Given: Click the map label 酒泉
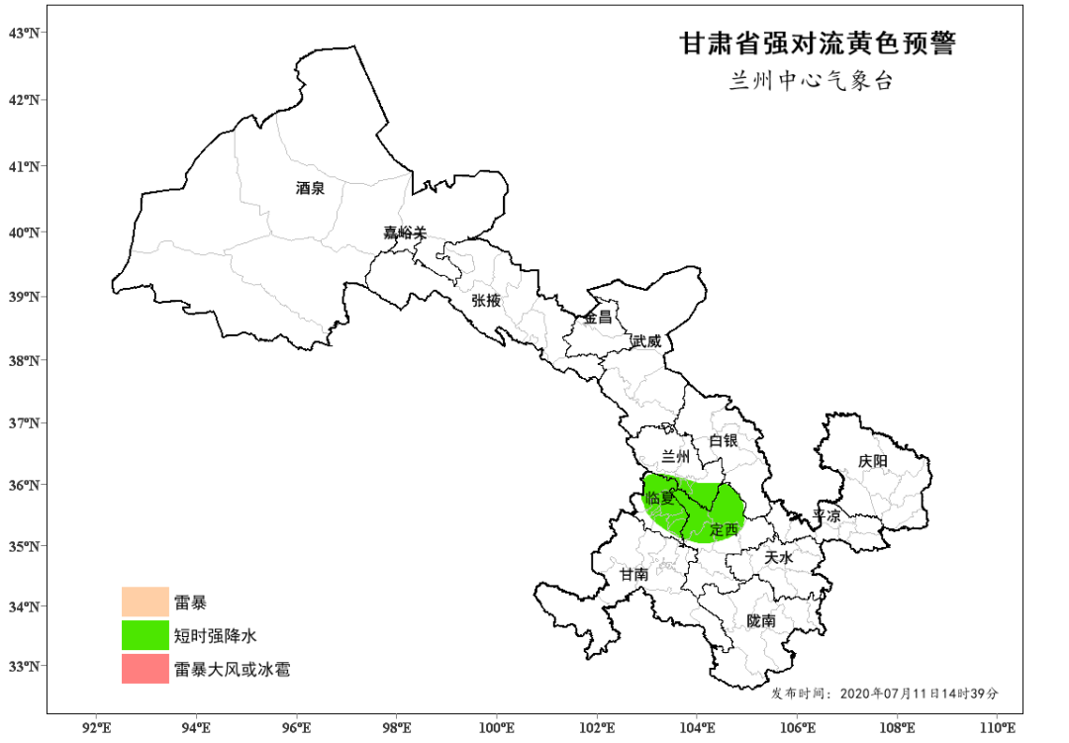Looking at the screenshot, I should pos(310,187).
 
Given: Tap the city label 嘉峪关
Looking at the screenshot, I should pos(405,233).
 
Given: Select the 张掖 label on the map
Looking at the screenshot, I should pos(486,300).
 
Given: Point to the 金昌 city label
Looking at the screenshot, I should pos(597,318).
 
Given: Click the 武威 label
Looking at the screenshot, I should pos(645,340).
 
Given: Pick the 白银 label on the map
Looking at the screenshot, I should pos(723,440).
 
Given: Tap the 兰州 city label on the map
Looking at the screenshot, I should pos(675,456).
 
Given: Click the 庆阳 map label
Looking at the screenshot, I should pos(873,461).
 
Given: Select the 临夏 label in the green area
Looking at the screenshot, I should pos(659,499).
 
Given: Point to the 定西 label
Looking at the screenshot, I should pos(725,529).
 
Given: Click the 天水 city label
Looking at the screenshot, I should pos(779,558).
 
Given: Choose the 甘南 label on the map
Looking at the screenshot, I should pos(633,574).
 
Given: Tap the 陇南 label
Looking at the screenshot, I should pos(761,620).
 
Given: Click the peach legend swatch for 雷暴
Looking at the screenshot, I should pos(145,602).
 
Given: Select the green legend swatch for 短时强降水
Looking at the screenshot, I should pos(145,635).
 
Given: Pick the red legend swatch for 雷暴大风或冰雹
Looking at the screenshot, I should pos(145,669).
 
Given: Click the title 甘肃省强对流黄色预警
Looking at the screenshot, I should pos(817,44).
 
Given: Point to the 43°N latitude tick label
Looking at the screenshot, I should pos(25,33).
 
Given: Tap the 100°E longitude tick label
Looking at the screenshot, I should pos(496,729).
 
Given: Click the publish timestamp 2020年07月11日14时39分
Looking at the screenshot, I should pos(920,693).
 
